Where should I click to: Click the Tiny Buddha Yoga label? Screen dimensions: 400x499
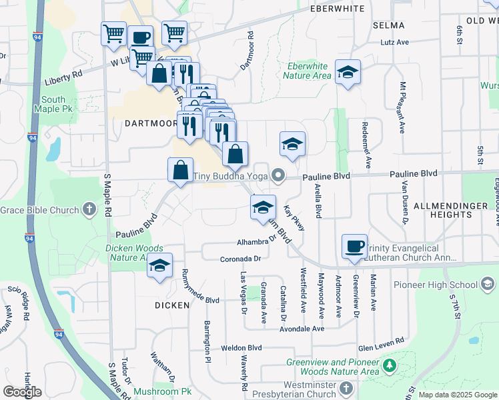click(230, 177)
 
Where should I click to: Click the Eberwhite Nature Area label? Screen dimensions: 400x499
click(307, 71)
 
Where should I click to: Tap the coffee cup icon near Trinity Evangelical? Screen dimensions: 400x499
click(353, 246)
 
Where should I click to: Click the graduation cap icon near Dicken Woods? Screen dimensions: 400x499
click(159, 265)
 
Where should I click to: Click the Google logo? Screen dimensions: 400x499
click(22, 391)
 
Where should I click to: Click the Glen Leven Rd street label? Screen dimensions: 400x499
click(381, 341)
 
